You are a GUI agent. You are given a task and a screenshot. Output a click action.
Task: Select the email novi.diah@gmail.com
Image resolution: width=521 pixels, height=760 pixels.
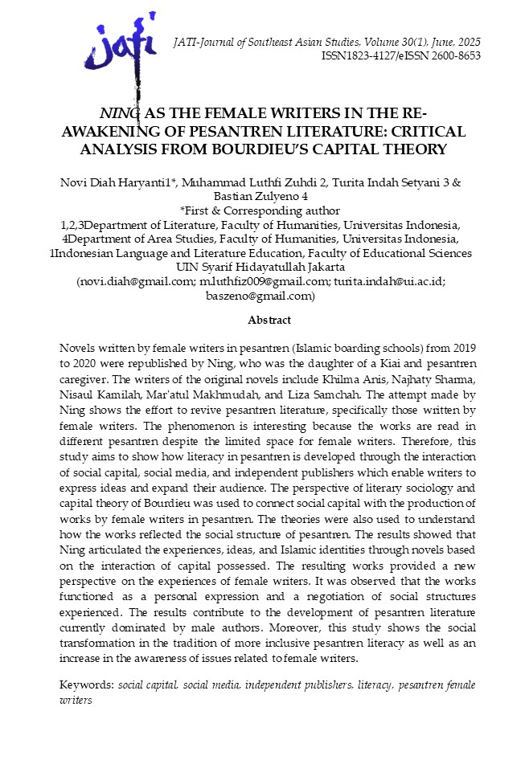pyautogui.click(x=135, y=283)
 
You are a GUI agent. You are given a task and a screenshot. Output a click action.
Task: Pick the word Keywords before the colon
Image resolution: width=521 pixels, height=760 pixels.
pyautogui.click(x=87, y=684)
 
